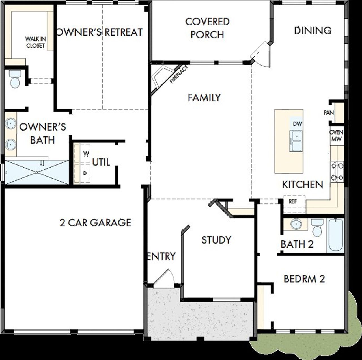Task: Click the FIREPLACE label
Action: (x=179, y=74)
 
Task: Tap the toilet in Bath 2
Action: (x=317, y=228)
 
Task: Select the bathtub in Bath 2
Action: (x=335, y=235)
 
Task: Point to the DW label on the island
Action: (x=298, y=123)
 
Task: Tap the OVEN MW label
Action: (x=337, y=136)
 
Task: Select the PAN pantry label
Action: (x=329, y=112)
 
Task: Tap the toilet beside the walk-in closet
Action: (x=14, y=79)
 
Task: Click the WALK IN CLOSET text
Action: (x=36, y=42)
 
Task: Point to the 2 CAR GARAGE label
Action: (x=96, y=223)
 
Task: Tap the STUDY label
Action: (x=216, y=240)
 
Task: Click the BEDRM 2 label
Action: (x=304, y=279)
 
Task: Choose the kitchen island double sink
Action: (x=296, y=141)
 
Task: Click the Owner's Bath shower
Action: (x=37, y=172)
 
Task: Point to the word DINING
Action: (x=313, y=30)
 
